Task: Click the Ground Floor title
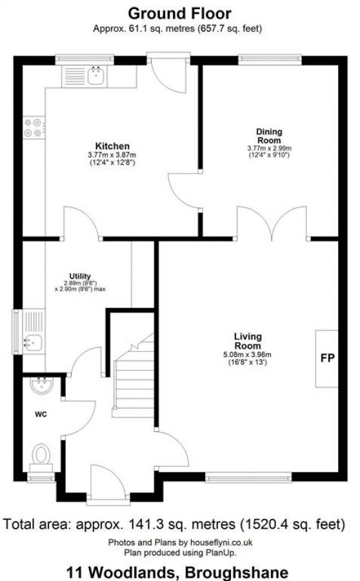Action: [179, 13]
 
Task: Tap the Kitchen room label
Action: [112, 146]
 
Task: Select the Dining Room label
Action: [269, 136]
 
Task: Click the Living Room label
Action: [248, 341]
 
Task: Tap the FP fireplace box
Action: [327, 358]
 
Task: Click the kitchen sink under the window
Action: [95, 76]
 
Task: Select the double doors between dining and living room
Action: [272, 223]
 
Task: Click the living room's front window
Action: [248, 478]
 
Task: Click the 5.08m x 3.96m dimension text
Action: [248, 354]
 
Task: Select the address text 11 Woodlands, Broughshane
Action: [179, 571]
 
